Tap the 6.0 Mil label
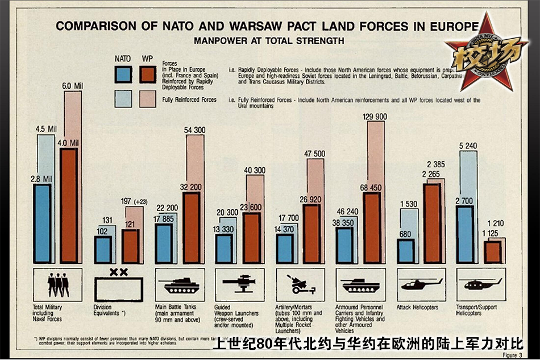pyautogui.click(x=72, y=86)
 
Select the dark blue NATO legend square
pyautogui.click(x=123, y=75)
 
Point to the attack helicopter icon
pyautogui.click(x=421, y=283)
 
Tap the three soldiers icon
pyautogui.click(x=59, y=283)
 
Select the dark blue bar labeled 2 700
pyautogui.click(x=465, y=234)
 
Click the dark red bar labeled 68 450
pyautogui.click(x=372, y=227)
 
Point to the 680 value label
pyautogui.click(x=405, y=233)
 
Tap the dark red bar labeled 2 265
pyautogui.click(x=433, y=223)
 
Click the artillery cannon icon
pyautogui.click(x=300, y=283)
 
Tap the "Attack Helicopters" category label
pyautogui.click(x=418, y=308)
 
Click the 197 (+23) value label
pyautogui.click(x=134, y=201)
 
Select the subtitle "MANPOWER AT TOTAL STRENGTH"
pyautogui.click(x=268, y=41)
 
